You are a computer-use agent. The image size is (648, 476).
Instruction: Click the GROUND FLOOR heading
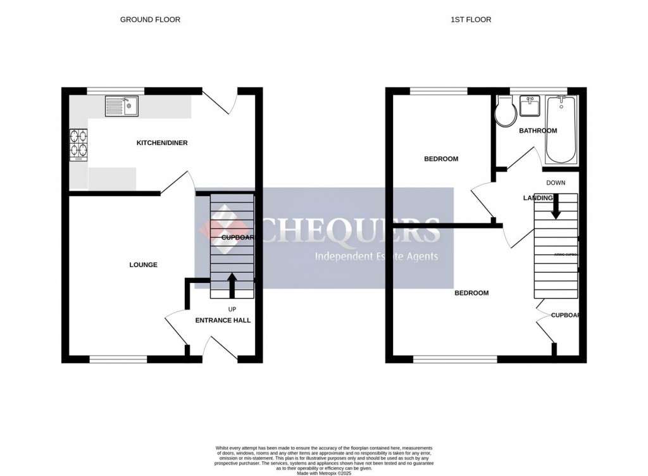click(150, 20)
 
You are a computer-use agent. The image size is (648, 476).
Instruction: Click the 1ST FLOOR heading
click(471, 20)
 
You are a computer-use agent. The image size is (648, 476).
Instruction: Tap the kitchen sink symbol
click(121, 106)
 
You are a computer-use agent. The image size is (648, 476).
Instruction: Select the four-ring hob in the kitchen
click(79, 142)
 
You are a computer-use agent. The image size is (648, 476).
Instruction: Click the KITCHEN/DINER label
click(162, 143)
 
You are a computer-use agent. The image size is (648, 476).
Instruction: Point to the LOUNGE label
click(143, 265)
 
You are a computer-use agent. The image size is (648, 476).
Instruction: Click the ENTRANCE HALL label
click(223, 320)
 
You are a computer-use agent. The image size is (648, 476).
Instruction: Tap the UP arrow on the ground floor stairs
click(232, 284)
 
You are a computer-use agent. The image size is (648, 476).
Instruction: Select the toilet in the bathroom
click(506, 112)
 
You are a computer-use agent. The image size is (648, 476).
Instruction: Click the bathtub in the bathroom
click(561, 128)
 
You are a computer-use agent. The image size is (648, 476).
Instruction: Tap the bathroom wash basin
click(528, 106)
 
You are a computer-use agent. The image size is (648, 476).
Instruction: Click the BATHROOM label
click(538, 131)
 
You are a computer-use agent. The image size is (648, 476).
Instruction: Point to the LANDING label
click(538, 198)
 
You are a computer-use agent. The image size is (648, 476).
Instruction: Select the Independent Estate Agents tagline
click(377, 256)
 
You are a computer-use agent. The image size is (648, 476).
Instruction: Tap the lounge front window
click(118, 360)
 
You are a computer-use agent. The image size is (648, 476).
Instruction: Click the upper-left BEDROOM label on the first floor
click(441, 159)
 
